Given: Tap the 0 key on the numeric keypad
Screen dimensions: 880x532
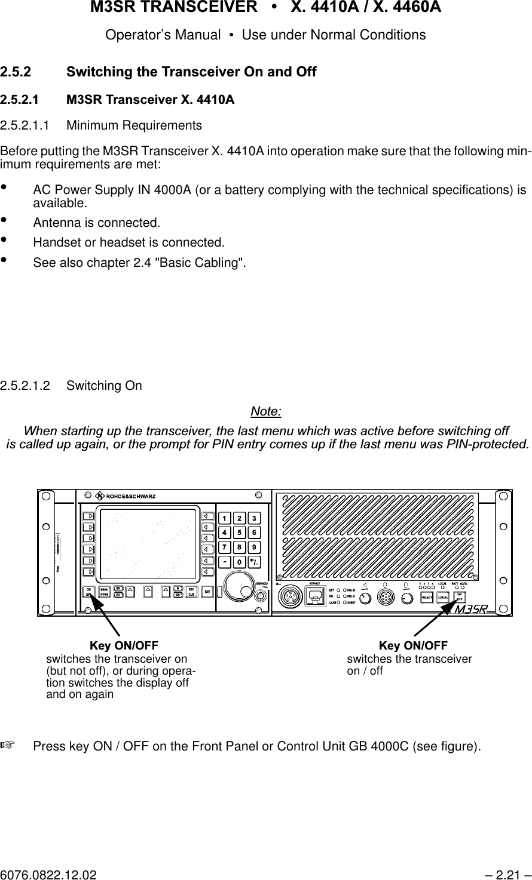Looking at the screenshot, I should click(239, 562).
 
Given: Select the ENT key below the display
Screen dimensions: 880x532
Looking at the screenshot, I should click(207, 592).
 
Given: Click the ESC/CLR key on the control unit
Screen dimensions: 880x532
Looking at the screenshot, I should click(192, 592).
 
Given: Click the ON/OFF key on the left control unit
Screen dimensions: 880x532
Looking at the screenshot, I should click(88, 592).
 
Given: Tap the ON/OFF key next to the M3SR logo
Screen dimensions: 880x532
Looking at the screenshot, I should click(459, 597).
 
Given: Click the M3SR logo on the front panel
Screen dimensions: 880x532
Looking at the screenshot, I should click(472, 610).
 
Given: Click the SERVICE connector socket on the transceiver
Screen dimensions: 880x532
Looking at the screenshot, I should click(313, 596).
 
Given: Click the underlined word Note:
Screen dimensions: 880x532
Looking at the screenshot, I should click(266, 411).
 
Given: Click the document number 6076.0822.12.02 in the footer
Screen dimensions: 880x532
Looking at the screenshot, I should click(48, 875).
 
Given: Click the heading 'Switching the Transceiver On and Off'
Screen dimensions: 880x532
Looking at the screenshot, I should click(191, 72).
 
